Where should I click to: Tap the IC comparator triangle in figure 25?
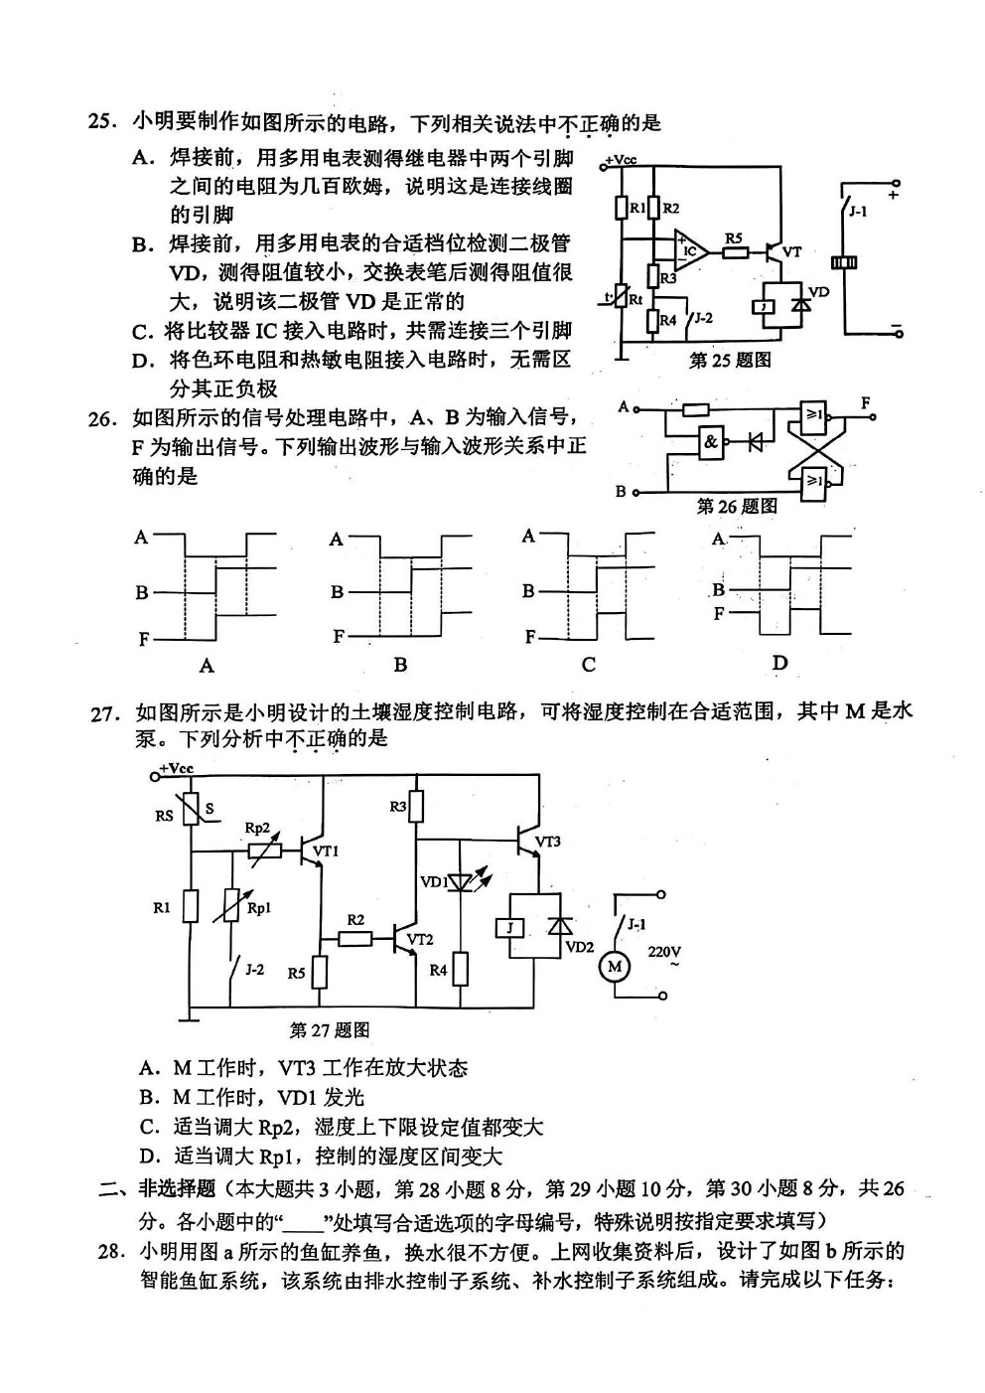[x=690, y=250]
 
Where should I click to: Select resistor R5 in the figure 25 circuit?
[x=737, y=252]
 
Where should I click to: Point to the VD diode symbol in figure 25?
[x=803, y=307]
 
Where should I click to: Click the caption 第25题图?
[x=730, y=360]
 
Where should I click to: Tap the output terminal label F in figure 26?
[x=865, y=403]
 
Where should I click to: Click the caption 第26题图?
[x=737, y=506]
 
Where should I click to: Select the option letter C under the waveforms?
[x=589, y=665]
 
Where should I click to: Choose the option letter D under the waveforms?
[x=779, y=663]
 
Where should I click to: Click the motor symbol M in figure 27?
[x=614, y=967]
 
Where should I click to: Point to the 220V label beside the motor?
[x=664, y=952]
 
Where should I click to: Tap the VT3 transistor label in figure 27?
[x=547, y=842]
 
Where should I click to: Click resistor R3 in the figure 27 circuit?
[x=416, y=807]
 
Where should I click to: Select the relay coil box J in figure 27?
[x=510, y=928]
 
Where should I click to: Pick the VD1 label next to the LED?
[x=434, y=882]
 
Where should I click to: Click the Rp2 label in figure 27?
[x=257, y=828]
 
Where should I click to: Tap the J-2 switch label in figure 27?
[x=254, y=969]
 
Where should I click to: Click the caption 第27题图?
[x=330, y=1030]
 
